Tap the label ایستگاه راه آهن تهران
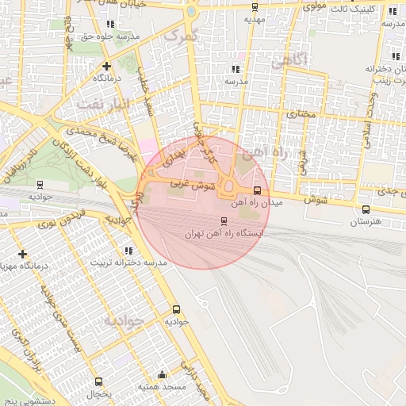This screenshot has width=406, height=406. pyautogui.click(x=223, y=234)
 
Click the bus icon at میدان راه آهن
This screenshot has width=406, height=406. pyautogui.click(x=256, y=190)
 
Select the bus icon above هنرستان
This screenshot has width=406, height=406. pyautogui.click(x=366, y=209)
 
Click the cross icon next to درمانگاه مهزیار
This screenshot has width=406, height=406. pyautogui.click(x=21, y=255)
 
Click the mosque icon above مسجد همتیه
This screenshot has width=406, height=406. pyautogui.click(x=163, y=374)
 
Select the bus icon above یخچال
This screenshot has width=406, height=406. pyautogui.click(x=98, y=381)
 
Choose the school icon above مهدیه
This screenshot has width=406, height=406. pyautogui.click(x=254, y=5)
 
